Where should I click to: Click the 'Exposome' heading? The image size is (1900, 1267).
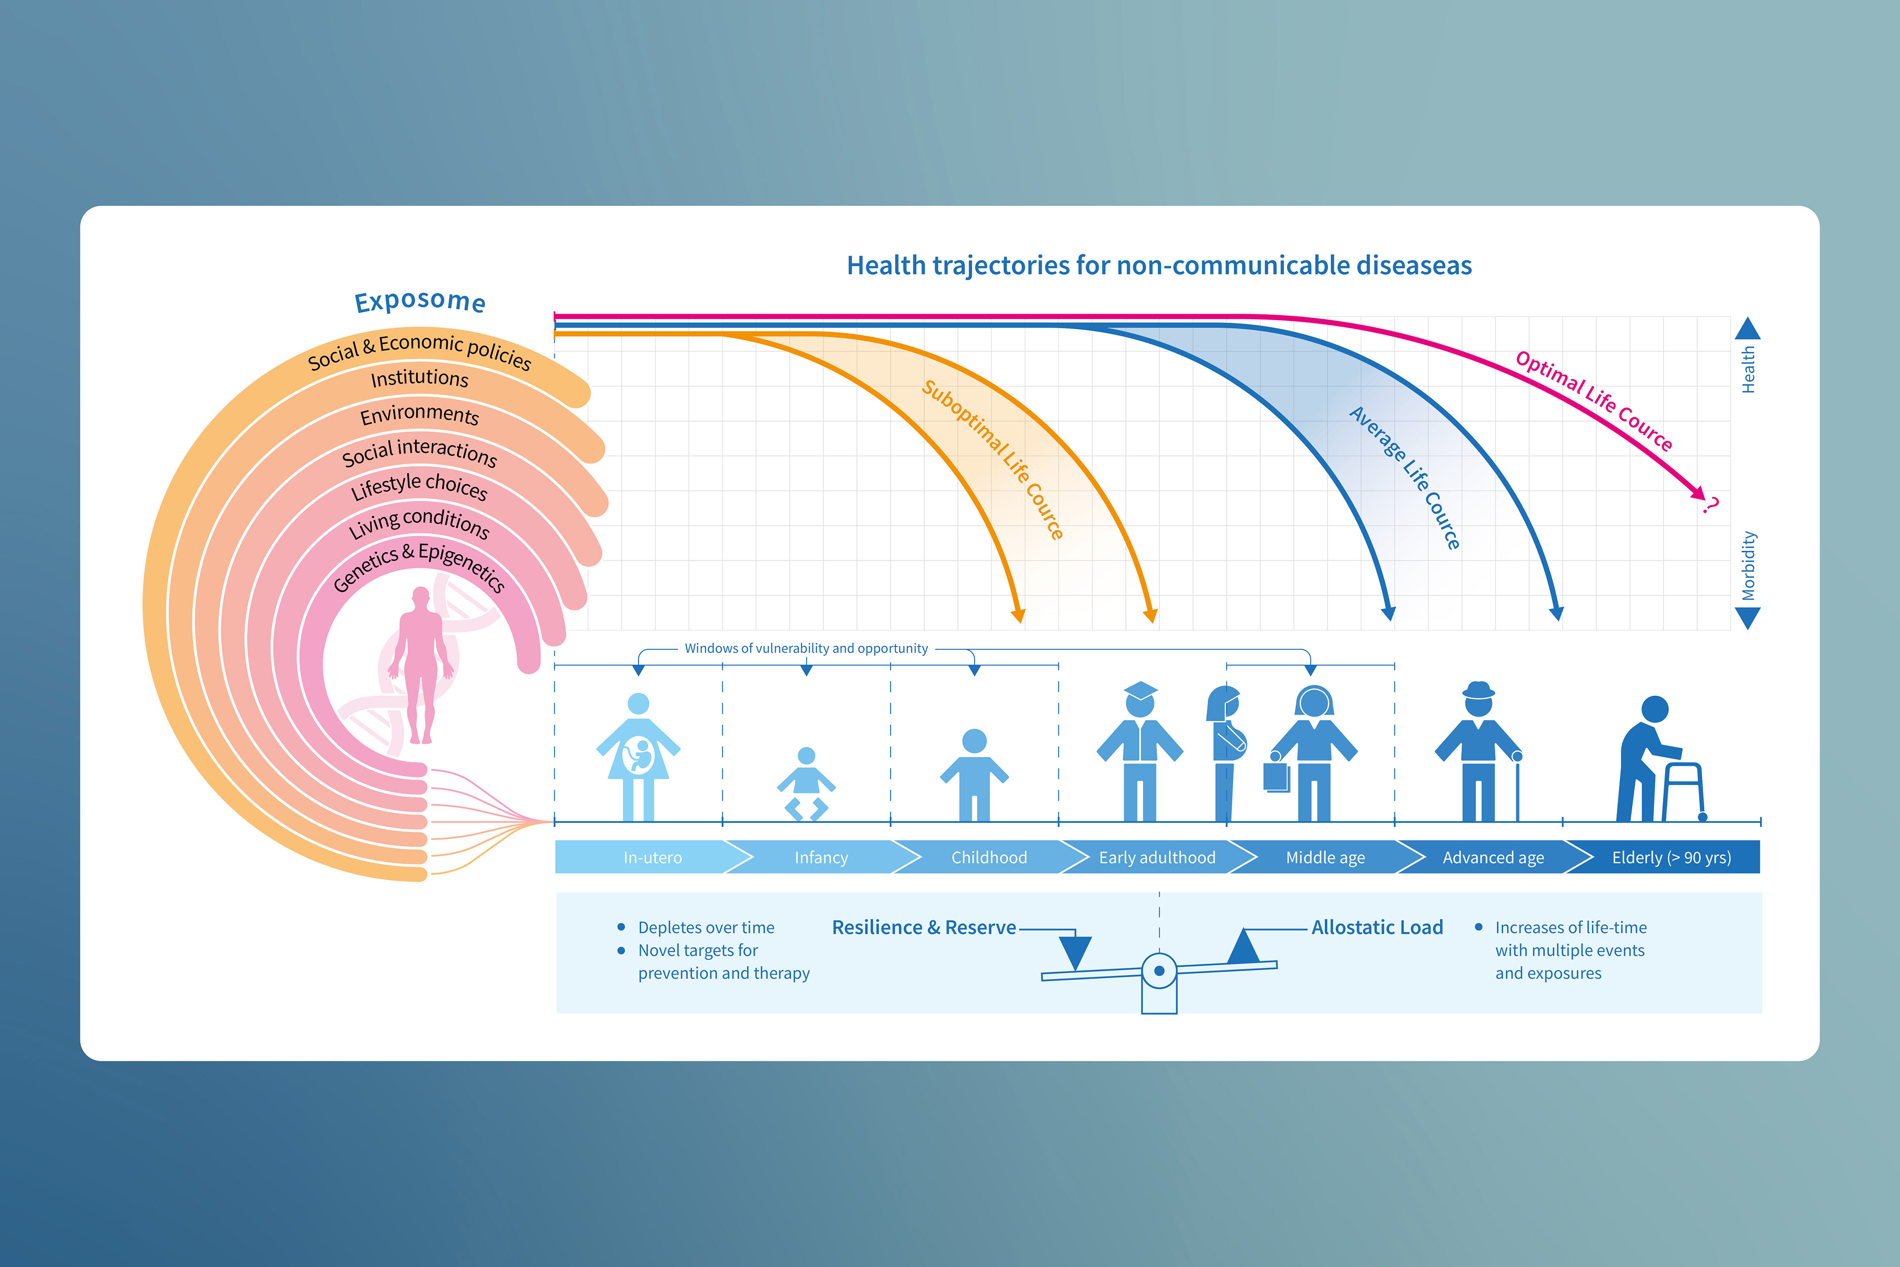420,301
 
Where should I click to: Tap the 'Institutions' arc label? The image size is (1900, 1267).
419,378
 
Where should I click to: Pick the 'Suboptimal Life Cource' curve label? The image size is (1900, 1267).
992,459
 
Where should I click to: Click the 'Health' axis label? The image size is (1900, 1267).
1748,369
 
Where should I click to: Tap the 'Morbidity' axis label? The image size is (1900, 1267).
1748,566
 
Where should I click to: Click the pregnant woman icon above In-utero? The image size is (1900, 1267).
638,756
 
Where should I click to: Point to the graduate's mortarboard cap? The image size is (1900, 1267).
1140,691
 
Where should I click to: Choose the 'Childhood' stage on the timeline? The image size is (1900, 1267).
989,857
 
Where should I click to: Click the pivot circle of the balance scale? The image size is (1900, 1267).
1159,971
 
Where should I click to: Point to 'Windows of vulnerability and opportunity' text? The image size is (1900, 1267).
806,648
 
